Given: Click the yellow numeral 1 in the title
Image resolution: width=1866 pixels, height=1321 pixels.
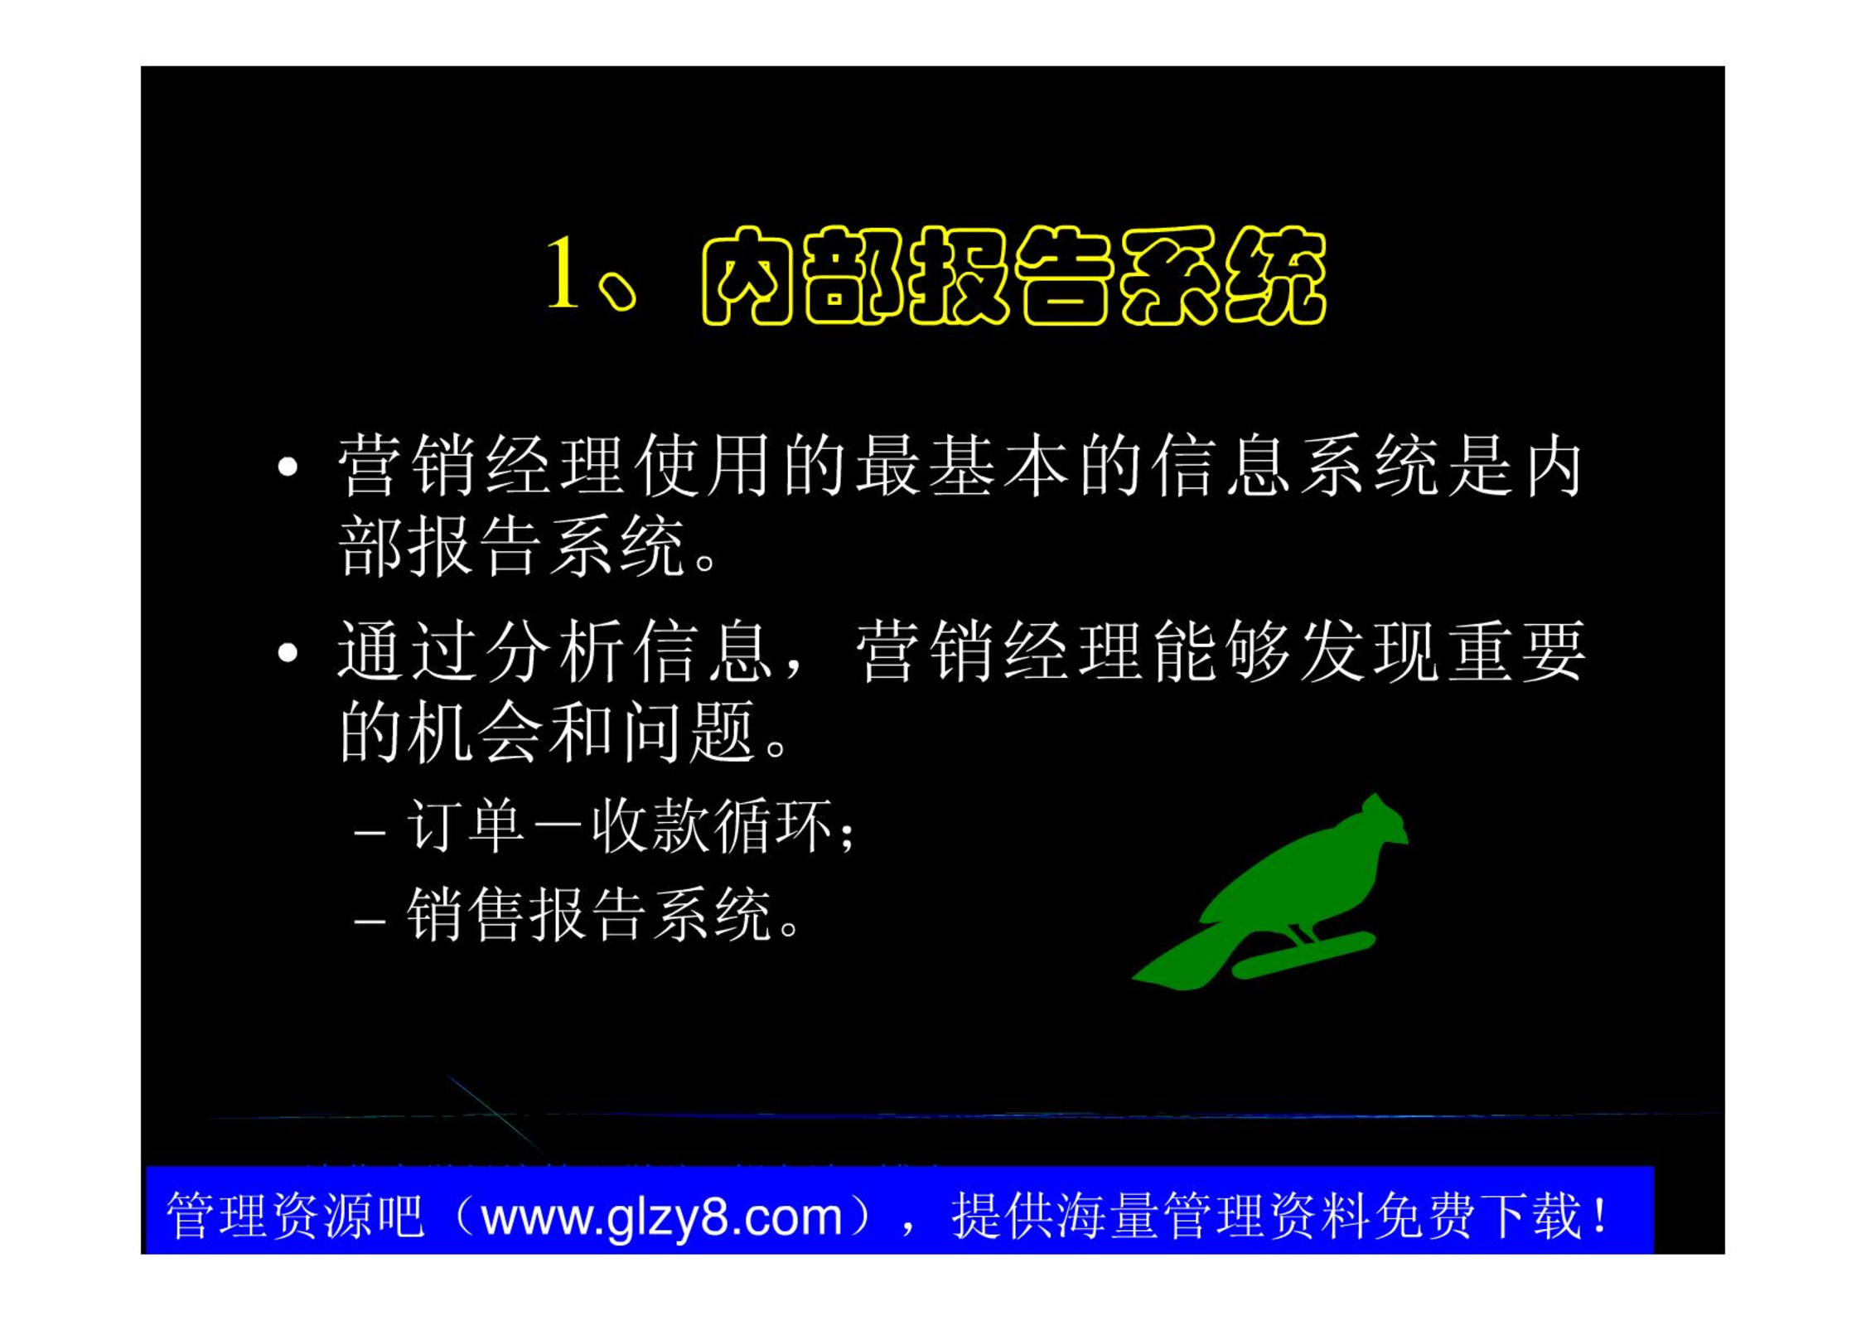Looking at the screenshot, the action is (x=563, y=272).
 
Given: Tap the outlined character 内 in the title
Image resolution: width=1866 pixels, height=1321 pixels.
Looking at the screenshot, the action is (x=750, y=275).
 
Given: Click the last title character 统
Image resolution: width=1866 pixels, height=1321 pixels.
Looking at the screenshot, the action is (x=1277, y=275).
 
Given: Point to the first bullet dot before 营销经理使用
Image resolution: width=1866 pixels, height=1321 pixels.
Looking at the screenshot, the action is (x=288, y=467).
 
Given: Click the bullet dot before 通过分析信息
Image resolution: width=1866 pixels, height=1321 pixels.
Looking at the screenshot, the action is (x=288, y=652).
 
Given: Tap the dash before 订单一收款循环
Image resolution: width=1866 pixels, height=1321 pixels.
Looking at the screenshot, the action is (x=370, y=830).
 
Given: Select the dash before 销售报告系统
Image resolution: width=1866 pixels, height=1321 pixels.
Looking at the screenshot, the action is (x=370, y=920).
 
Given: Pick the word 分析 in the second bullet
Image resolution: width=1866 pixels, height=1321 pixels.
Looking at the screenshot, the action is (x=555, y=651).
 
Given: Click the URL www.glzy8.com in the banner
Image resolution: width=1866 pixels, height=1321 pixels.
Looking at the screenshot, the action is (x=662, y=1217).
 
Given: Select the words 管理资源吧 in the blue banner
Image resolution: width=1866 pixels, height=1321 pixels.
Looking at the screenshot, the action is (x=295, y=1216).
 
